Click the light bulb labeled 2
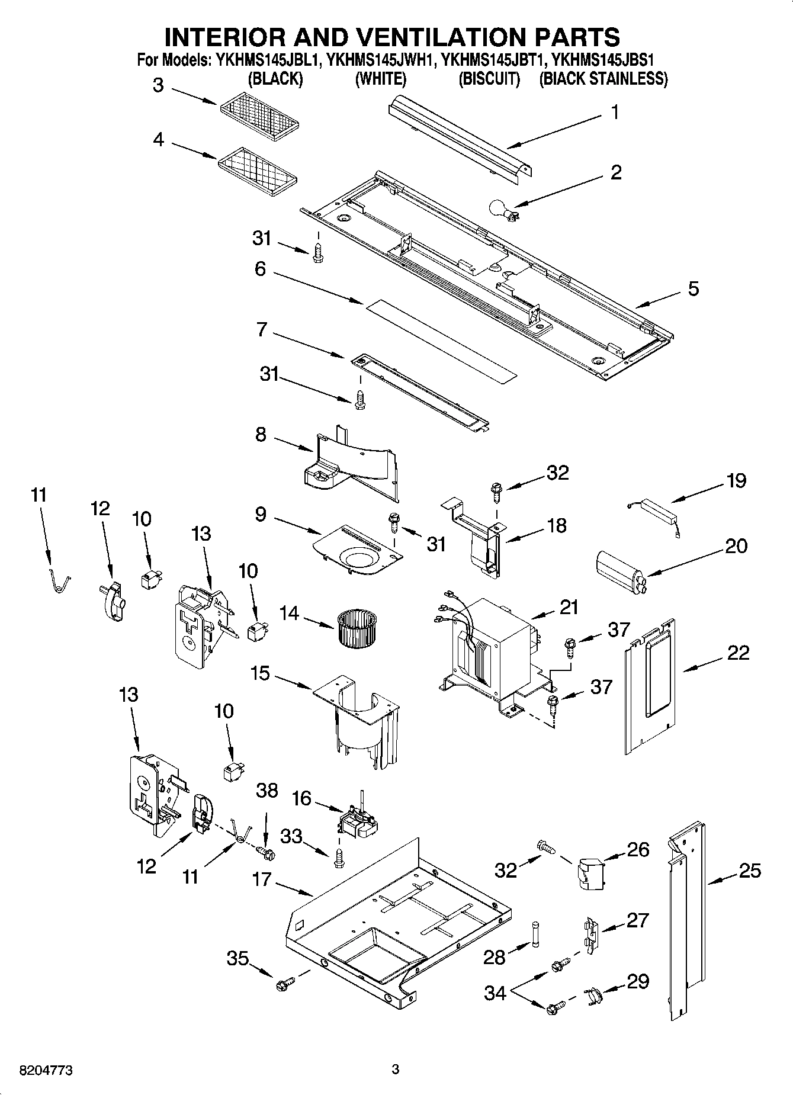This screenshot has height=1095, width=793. (499, 208)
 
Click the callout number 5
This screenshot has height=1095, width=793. (693, 288)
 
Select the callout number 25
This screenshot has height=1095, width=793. (749, 871)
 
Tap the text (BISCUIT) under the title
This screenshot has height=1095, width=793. (489, 79)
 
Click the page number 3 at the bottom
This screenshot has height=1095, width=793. (396, 1069)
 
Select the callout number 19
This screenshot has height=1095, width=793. (736, 480)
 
